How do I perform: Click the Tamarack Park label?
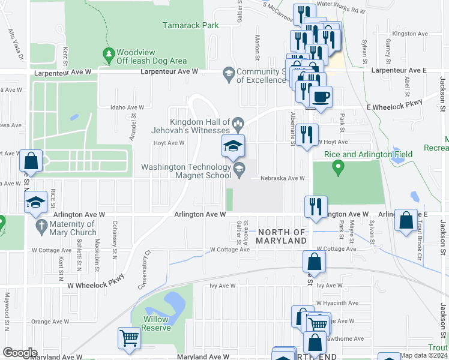191,26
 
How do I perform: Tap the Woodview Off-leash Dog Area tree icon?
109,56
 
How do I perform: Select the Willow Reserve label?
155,323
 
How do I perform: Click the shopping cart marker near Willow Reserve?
130,338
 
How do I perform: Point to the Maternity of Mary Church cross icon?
41,227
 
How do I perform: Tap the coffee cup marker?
321,96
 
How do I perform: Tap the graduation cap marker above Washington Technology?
233,146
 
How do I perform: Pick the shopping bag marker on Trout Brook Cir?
406,220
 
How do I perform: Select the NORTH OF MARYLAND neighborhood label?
282,236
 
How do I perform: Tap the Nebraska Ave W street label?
283,178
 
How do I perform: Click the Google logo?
20,352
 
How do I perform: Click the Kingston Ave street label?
408,34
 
